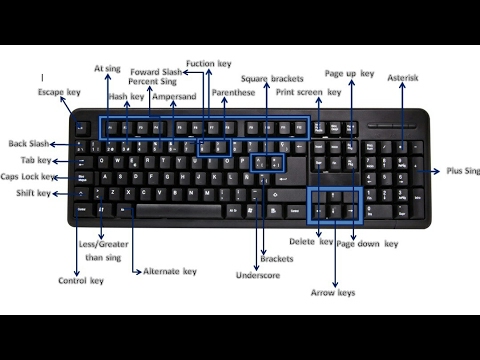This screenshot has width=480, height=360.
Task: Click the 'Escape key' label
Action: [x=59, y=92]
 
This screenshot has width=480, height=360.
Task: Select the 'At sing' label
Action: [x=107, y=69]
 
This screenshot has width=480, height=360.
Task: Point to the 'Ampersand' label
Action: [x=173, y=97]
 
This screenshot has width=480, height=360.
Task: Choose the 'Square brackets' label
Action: [x=272, y=78]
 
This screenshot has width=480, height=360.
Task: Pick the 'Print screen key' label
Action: [x=309, y=92]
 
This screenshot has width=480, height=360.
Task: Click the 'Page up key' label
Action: [x=350, y=73]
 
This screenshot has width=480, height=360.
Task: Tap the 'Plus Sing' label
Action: [x=461, y=171]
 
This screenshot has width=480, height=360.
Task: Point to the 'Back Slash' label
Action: [x=29, y=143]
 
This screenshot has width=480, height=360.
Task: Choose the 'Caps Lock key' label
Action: [x=29, y=176]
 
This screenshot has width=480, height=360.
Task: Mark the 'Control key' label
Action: [x=81, y=280]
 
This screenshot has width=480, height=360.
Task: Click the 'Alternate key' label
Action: [x=169, y=271]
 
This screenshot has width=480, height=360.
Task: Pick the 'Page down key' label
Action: [x=367, y=243]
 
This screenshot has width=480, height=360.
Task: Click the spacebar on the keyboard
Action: [x=177, y=211]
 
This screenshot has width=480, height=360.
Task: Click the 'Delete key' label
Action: [x=311, y=242]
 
